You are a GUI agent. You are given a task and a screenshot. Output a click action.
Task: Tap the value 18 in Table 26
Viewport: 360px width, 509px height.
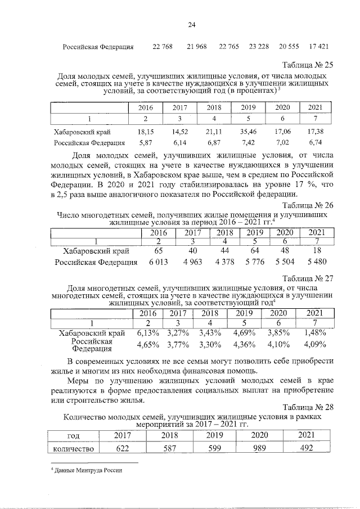pos(317,251)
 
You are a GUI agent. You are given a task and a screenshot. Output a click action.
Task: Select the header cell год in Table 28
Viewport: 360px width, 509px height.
pos(73,435)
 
